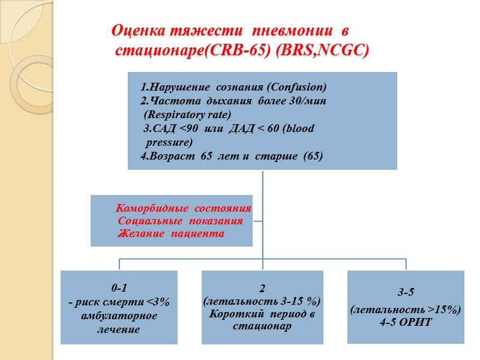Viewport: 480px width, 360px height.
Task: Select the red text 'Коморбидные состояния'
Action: (x=183, y=209)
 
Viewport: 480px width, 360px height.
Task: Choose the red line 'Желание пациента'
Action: (x=171, y=233)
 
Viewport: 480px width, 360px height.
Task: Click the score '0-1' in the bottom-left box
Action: (x=119, y=287)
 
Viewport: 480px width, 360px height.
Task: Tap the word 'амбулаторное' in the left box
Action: (x=119, y=316)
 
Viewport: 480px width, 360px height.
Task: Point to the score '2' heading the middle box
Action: (x=262, y=286)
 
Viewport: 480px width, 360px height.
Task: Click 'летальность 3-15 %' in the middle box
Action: (x=262, y=300)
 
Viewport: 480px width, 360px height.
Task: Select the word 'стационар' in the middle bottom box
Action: (x=262, y=327)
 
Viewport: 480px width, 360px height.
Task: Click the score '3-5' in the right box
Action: (x=405, y=293)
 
